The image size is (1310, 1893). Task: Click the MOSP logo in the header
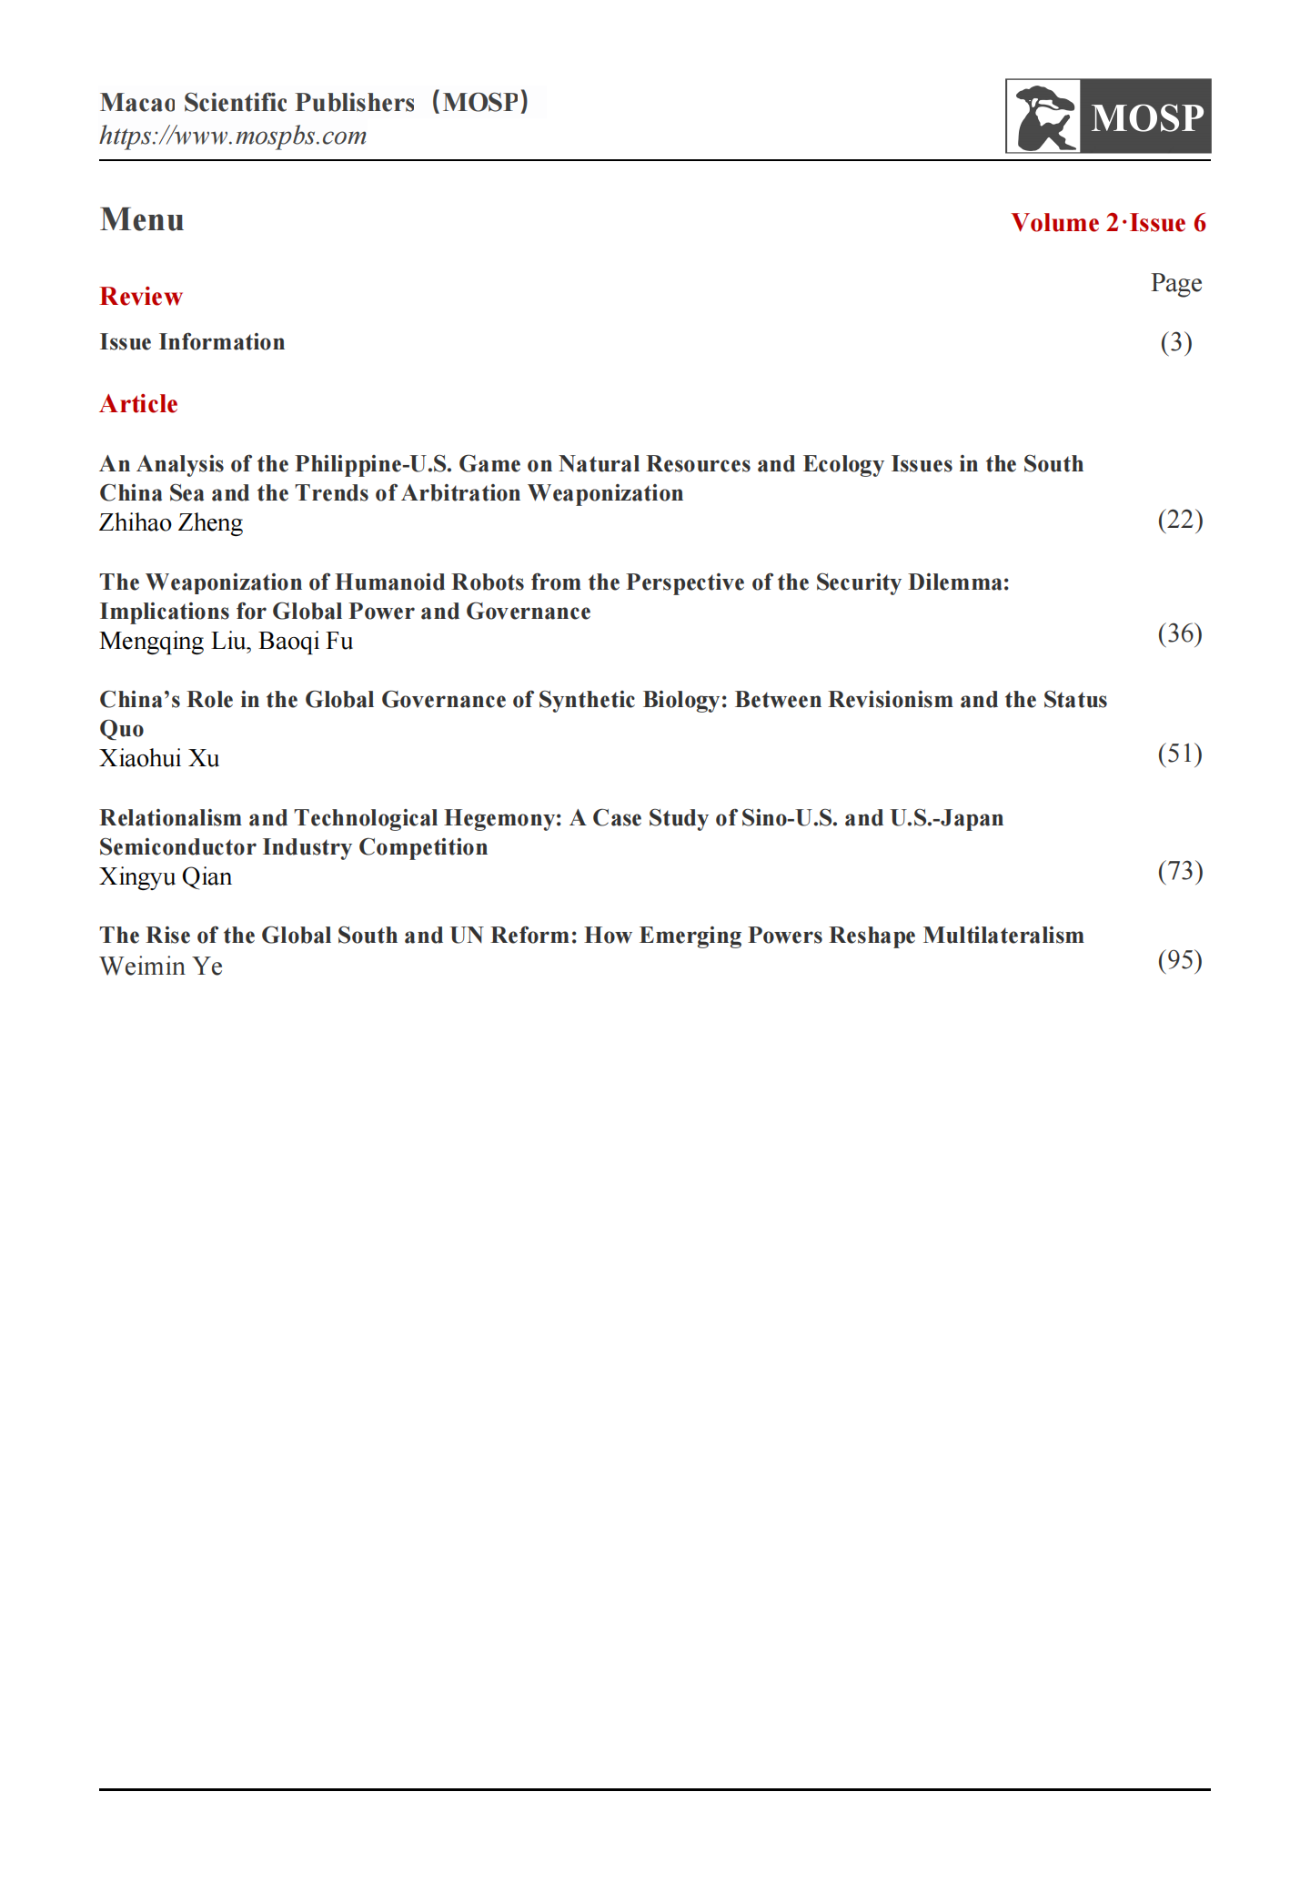tap(1107, 116)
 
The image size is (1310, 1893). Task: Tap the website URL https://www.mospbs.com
tap(233, 137)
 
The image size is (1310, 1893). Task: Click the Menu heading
tap(142, 220)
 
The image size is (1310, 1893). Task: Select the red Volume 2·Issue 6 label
tap(1108, 223)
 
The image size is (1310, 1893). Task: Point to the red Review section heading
tap(141, 297)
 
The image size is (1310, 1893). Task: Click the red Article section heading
tap(138, 404)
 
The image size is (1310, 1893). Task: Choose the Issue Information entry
tap(192, 342)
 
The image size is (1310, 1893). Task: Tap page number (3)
tap(1175, 342)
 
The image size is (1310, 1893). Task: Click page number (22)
tap(1180, 520)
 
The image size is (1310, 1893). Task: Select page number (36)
tap(1180, 633)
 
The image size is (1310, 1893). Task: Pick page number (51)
tap(1180, 754)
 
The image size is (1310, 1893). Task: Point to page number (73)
tap(1180, 871)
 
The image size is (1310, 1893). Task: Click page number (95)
tap(1180, 960)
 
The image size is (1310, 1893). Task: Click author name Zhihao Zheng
tap(171, 523)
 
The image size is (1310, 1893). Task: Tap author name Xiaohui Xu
tap(159, 759)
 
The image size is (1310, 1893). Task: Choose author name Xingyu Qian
tap(166, 877)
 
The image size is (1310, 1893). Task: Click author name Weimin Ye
tap(161, 967)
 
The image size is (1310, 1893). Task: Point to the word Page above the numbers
tap(1175, 283)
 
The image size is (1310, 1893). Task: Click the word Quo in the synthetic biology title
tap(122, 730)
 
